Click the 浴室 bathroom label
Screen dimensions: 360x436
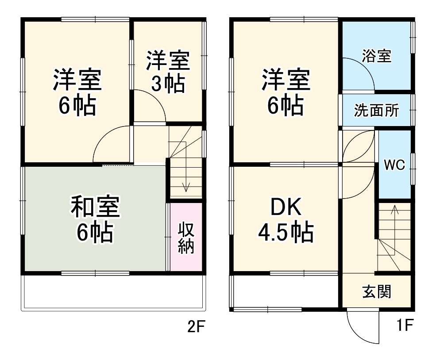(x=377, y=56)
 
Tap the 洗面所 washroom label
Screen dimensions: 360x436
(x=377, y=111)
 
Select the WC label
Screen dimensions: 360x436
(x=394, y=165)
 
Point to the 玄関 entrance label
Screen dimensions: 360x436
(x=377, y=292)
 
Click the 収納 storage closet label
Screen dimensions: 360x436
(x=186, y=237)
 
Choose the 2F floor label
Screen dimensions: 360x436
(x=197, y=327)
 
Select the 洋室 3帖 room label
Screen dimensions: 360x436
(x=168, y=72)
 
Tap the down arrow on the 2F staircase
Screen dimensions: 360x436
(x=186, y=186)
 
